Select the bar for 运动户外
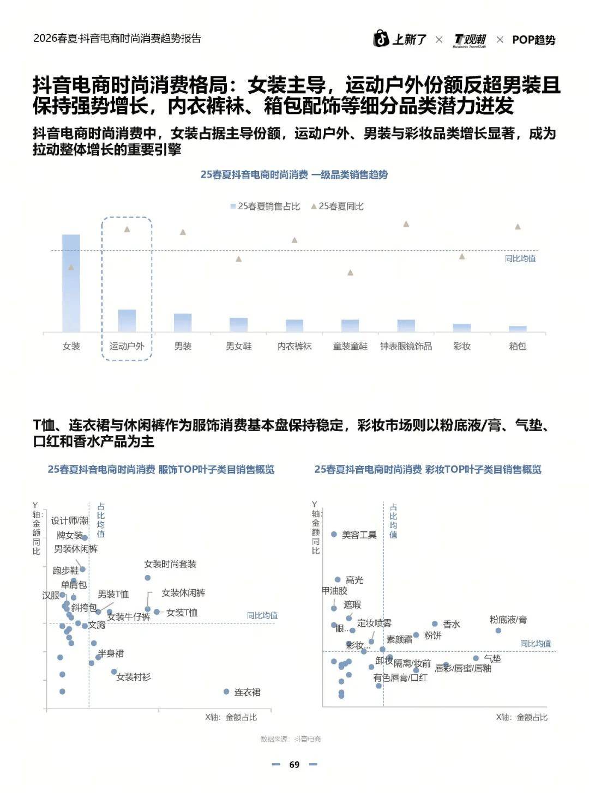[x=127, y=320]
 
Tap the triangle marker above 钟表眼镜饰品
[x=406, y=223]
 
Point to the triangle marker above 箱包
[x=518, y=227]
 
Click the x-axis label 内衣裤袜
[x=294, y=346]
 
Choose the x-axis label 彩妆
[x=462, y=346]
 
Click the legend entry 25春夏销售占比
[x=265, y=206]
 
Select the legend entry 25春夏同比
[x=337, y=206]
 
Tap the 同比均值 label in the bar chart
[x=520, y=258]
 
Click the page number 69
[x=294, y=765]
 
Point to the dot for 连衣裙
[x=226, y=692]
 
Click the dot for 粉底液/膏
[x=498, y=631]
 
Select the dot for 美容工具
[x=334, y=535]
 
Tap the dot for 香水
[x=435, y=624]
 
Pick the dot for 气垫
[x=476, y=658]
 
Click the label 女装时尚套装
[x=170, y=564]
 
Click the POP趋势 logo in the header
[x=533, y=40]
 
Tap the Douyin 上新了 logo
[x=400, y=39]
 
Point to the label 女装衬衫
[x=134, y=677]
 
